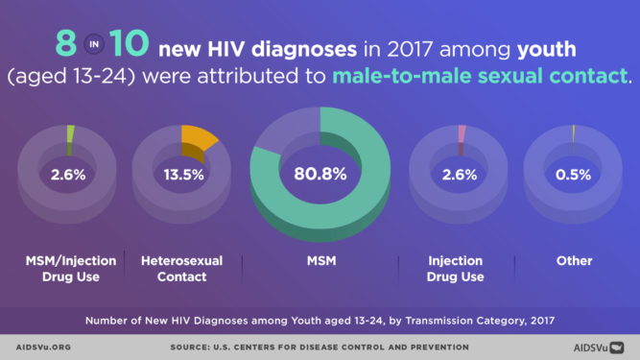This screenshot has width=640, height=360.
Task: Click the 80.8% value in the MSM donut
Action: (320, 176)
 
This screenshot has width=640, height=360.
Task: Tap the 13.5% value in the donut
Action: (180, 176)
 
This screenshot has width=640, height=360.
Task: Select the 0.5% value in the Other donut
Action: (573, 176)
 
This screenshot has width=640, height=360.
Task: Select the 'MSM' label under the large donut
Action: (320, 261)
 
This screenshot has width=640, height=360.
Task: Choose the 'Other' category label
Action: (574, 261)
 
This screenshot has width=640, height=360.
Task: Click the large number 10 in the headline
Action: (128, 43)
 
